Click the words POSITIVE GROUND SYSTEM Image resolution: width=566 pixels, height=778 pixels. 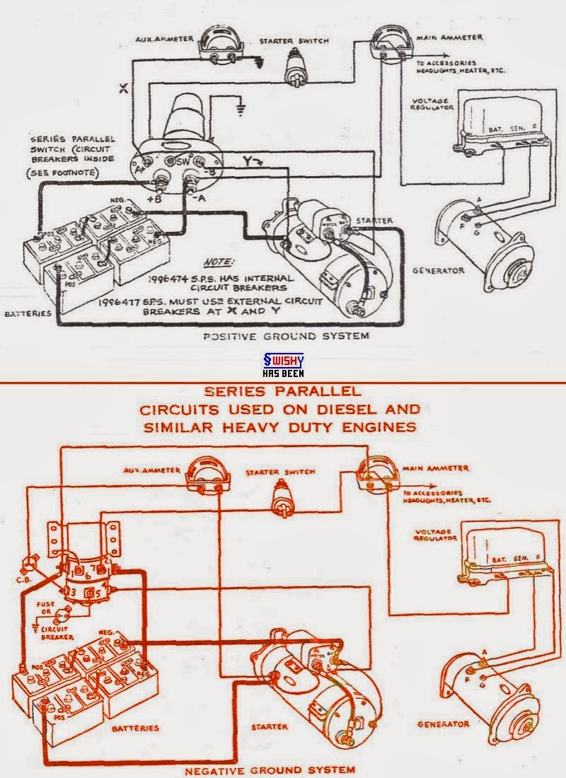click(286, 337)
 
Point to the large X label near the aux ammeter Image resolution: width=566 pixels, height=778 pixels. click(123, 89)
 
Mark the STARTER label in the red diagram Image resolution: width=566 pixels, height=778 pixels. click(268, 726)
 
